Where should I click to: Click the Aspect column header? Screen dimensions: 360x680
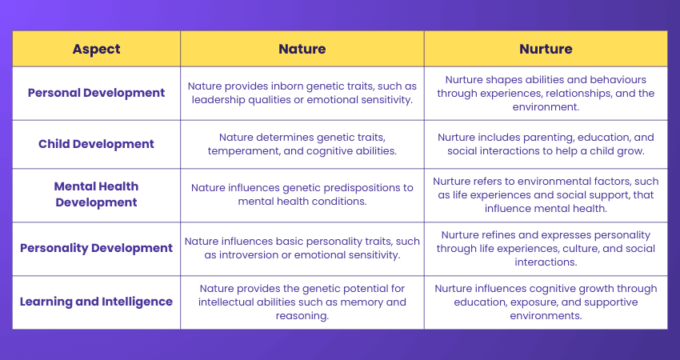[x=96, y=49]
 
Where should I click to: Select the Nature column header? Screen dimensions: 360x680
[x=302, y=49]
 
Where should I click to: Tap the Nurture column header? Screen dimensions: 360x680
[x=546, y=49]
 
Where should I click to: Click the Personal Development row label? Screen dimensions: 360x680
[x=96, y=93]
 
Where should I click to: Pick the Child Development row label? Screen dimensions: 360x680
[x=96, y=144]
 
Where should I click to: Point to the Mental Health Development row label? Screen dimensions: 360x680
[x=96, y=194]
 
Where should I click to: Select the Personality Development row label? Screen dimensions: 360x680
[x=96, y=248]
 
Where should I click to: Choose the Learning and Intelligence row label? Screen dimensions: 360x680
[x=96, y=302]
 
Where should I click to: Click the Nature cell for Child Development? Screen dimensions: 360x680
[x=302, y=144]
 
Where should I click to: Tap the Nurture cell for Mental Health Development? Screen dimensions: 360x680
[x=546, y=195]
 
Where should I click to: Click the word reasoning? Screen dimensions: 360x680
[x=302, y=315]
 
